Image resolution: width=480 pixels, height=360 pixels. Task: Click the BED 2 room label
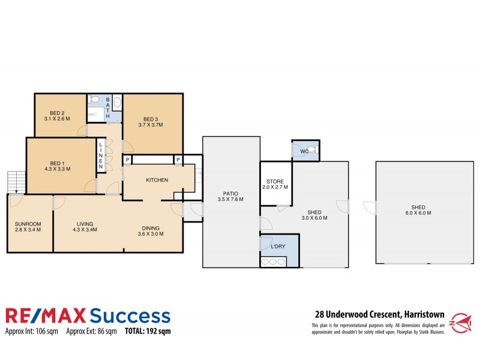tap(58, 113)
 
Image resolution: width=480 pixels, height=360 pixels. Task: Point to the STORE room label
tap(276, 181)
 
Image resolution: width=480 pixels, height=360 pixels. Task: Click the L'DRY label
tap(278, 247)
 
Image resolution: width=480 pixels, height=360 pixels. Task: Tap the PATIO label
tap(230, 193)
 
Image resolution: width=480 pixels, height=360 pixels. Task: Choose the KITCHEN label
tap(157, 180)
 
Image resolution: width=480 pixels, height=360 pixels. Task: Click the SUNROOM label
tap(28, 224)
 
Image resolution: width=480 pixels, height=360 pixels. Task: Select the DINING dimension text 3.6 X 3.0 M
tap(151, 234)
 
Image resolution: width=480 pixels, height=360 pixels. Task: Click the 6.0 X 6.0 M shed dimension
tap(418, 212)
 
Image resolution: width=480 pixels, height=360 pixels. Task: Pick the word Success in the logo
tap(130, 316)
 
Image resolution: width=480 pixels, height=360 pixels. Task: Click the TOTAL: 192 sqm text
tap(148, 330)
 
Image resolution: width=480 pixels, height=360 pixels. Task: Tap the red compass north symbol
tap(463, 322)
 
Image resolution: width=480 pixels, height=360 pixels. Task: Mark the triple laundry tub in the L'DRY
tap(272, 262)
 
